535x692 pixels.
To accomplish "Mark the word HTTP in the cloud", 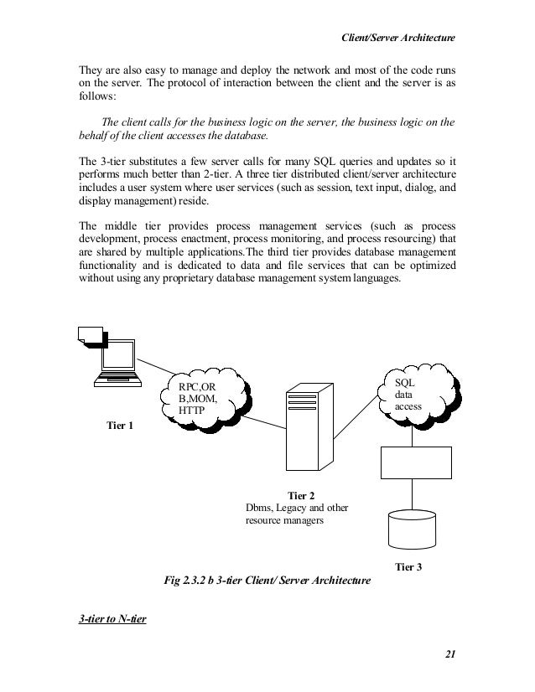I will [x=193, y=411].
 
